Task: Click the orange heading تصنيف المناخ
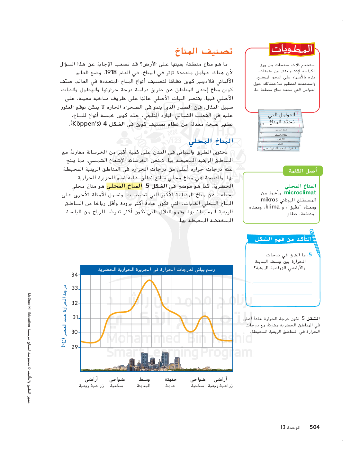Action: point(203,51)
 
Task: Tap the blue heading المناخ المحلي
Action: point(211,141)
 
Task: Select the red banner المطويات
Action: point(292,49)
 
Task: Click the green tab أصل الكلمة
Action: point(302,171)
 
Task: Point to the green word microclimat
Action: point(300,193)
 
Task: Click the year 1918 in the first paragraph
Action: point(111,73)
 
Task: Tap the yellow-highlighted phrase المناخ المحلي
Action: point(124,186)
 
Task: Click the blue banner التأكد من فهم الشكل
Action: point(283,239)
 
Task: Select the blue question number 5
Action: point(310,255)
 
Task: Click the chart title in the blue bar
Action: point(156,270)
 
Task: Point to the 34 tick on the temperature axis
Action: point(75,275)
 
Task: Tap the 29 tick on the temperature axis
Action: point(75,347)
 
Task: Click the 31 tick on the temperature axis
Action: point(75,317)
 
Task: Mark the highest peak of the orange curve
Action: point(149,280)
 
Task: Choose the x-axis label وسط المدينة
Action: point(144,382)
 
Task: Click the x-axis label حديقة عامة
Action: point(170,382)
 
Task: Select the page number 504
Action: point(314,427)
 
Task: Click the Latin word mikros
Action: point(269,200)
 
